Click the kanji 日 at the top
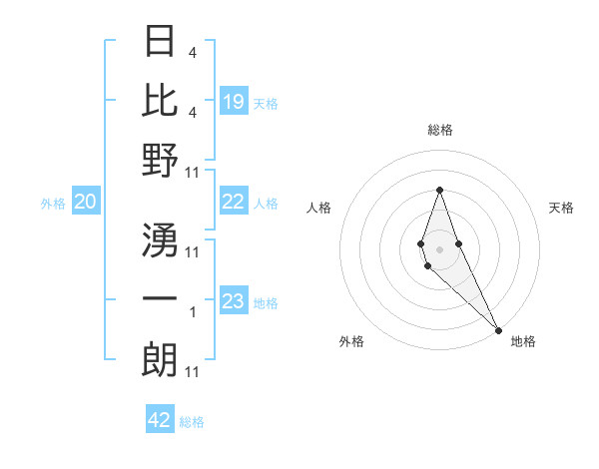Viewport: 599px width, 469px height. (x=160, y=42)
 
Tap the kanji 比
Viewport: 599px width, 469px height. (x=160, y=100)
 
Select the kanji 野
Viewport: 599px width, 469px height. (x=160, y=160)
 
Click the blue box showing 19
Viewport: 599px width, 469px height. (x=234, y=102)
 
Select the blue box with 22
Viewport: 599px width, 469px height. (x=234, y=203)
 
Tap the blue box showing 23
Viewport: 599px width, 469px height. (x=234, y=302)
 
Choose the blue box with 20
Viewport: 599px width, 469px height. (x=86, y=203)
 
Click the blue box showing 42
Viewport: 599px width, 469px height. (x=160, y=420)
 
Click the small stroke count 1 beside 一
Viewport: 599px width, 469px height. (x=193, y=312)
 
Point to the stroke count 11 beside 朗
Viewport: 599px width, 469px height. (x=194, y=372)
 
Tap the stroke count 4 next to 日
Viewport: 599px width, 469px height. (x=193, y=53)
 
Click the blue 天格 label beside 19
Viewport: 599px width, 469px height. (x=266, y=103)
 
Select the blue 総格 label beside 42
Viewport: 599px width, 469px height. (x=192, y=421)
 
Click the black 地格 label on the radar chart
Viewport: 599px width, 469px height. (x=523, y=341)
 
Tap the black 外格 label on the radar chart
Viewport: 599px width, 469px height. (x=351, y=341)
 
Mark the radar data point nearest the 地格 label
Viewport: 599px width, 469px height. (x=497, y=329)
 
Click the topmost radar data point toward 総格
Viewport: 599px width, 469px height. (x=439, y=190)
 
